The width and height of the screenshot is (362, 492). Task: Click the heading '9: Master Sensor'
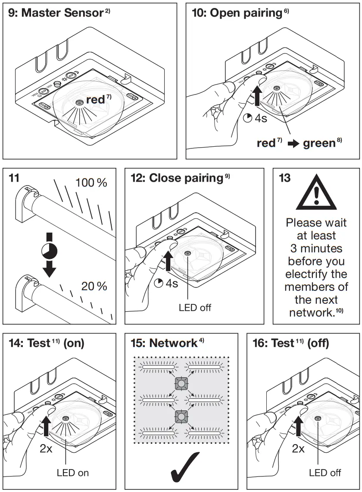pyautogui.click(x=56, y=13)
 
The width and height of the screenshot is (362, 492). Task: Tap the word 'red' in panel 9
pyautogui.click(x=95, y=100)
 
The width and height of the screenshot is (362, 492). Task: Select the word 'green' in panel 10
pyautogui.click(x=319, y=143)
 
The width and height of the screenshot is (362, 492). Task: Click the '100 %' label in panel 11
pyautogui.click(x=91, y=183)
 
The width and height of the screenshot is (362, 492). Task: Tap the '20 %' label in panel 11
pyautogui.click(x=94, y=286)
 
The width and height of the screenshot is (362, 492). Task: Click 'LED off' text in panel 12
pyautogui.click(x=195, y=308)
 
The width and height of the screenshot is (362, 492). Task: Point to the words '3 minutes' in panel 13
pyautogui.click(x=316, y=249)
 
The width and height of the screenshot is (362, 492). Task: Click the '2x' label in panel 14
pyautogui.click(x=46, y=448)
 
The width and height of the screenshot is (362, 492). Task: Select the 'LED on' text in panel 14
pyautogui.click(x=73, y=473)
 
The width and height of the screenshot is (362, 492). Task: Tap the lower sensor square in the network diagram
pyautogui.click(x=181, y=416)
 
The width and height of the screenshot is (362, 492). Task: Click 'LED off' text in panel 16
pyautogui.click(x=325, y=473)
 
